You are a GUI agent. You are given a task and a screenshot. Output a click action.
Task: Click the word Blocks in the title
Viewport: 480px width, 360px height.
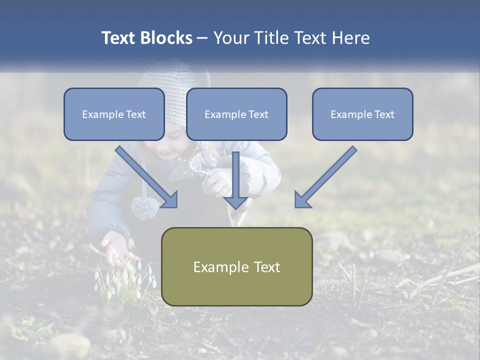pos(167,38)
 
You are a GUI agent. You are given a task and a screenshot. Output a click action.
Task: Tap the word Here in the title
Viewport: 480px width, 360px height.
pos(350,38)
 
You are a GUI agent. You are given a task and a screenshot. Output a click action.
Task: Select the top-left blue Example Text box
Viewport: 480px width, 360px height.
pos(114,114)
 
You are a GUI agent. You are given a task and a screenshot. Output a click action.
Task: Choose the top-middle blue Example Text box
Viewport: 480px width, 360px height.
pos(236,114)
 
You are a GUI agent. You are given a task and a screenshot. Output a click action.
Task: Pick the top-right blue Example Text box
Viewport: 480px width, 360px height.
pos(362,114)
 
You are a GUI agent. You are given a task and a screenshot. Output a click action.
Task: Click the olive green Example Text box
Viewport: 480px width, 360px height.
pos(236,266)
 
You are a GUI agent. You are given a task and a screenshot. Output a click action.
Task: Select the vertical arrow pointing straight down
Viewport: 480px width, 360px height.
pos(236,180)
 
